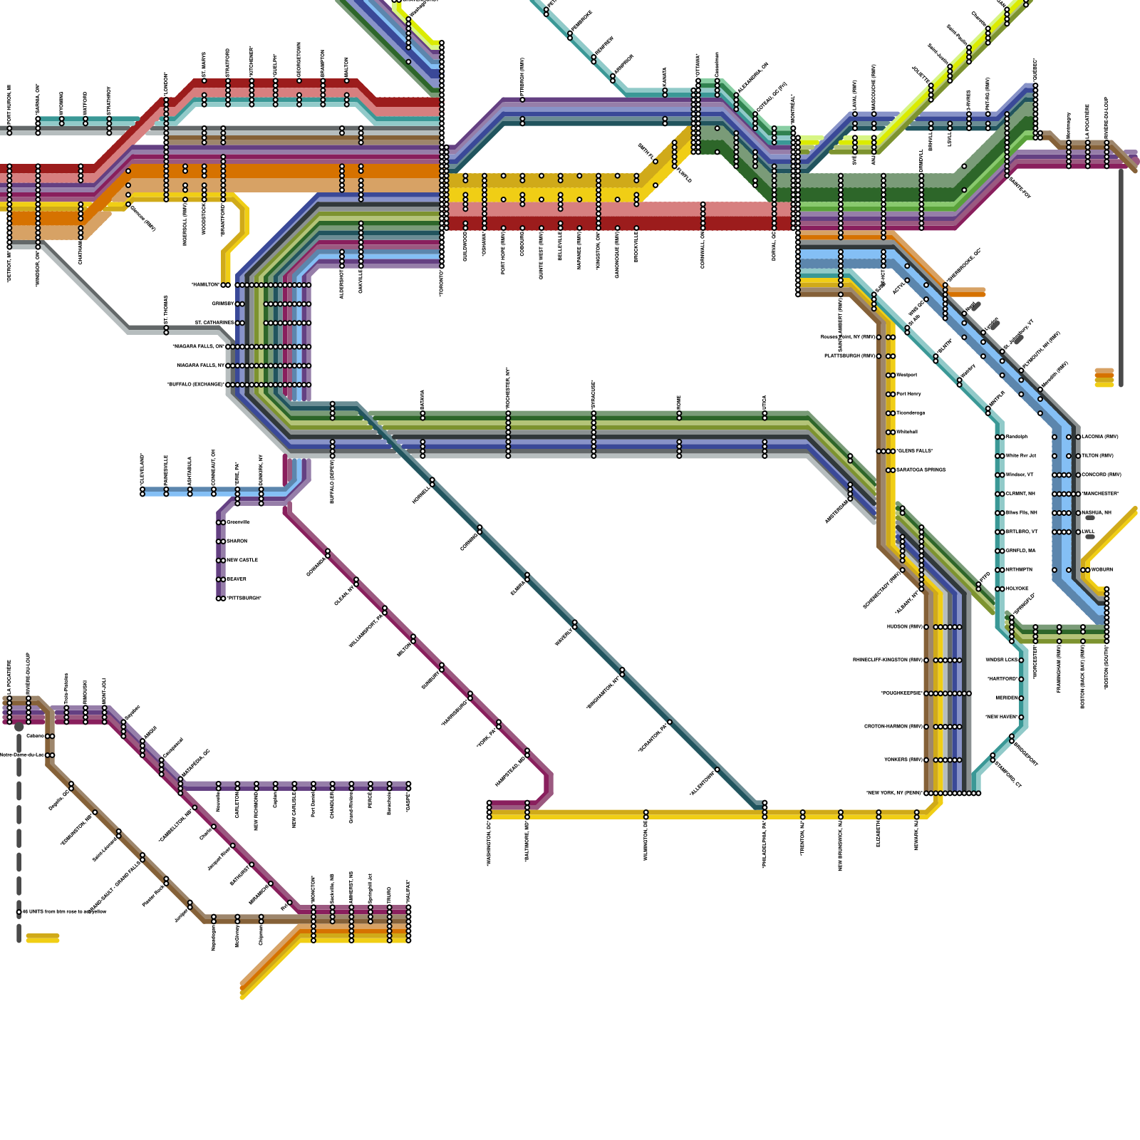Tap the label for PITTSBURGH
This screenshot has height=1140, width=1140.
[244, 598]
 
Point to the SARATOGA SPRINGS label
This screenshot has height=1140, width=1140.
[921, 470]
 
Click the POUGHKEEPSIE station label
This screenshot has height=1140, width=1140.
[901, 693]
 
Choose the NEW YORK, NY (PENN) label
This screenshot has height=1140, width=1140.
[894, 793]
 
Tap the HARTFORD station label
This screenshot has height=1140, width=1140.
[1002, 679]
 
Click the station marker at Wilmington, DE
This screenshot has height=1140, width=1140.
[646, 814]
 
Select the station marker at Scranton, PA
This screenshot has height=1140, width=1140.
[669, 722]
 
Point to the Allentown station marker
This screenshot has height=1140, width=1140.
[717, 769]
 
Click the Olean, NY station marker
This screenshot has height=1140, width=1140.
[356, 581]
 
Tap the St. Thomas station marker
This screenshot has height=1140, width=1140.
[166, 329]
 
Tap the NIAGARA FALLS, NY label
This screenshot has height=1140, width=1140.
[200, 366]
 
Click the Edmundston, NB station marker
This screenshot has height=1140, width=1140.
[95, 812]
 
